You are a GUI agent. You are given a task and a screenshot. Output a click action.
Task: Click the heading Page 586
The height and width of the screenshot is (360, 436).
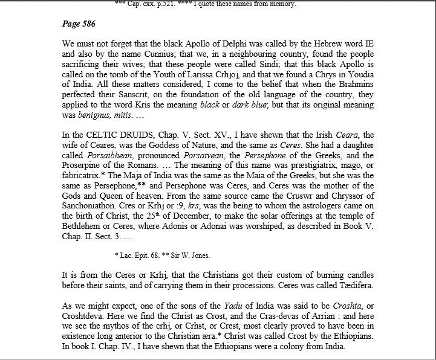79,24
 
